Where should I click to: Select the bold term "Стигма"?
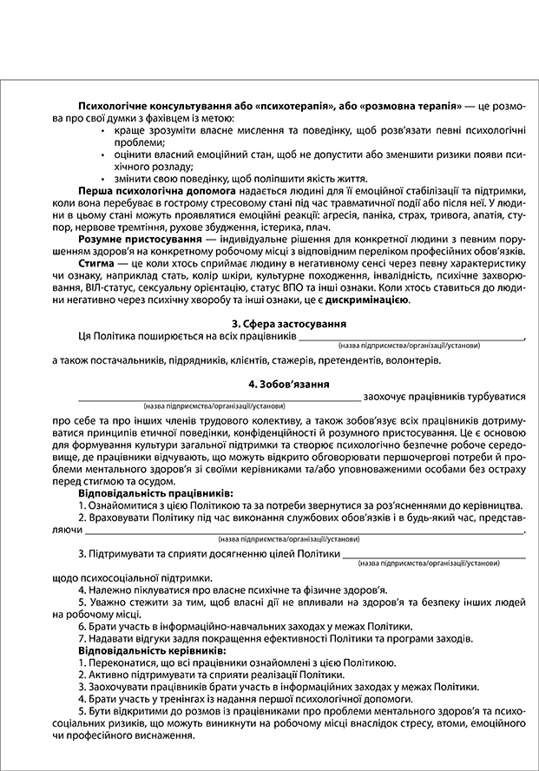pos(97,259)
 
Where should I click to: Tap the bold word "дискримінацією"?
pos(371,300)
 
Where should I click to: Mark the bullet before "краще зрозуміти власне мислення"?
pos(104,129)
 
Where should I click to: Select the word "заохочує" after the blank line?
pos(388,396)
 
